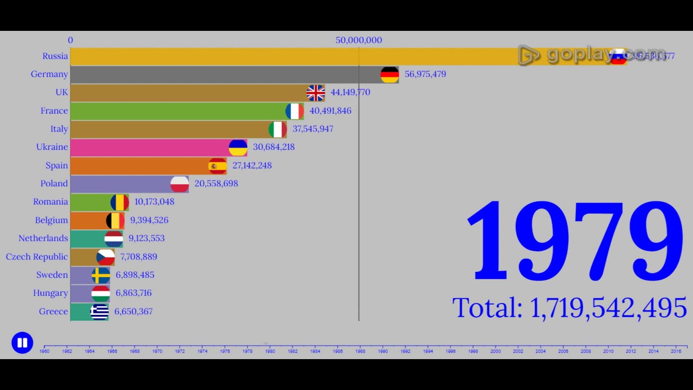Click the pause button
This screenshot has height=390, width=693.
point(22,343)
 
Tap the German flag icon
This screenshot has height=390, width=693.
point(390,75)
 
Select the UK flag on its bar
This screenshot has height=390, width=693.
point(316,93)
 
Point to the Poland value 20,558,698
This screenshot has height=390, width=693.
point(216,184)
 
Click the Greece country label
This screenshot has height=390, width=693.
point(54,311)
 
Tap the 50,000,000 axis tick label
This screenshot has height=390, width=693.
point(358,40)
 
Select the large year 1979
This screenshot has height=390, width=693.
point(574,241)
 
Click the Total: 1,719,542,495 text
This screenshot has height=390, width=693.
point(570,308)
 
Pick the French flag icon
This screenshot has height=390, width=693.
point(295,111)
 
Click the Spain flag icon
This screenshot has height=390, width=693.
point(218,166)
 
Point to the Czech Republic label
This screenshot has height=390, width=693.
point(37,257)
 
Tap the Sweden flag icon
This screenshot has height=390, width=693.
point(101,275)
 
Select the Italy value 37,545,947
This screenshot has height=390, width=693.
point(313,129)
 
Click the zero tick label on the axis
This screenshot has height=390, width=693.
point(70,40)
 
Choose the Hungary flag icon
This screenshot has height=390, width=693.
point(101,294)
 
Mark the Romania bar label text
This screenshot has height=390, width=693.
point(50,202)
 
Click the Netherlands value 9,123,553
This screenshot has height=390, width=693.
point(146,238)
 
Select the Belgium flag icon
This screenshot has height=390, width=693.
point(115,220)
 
